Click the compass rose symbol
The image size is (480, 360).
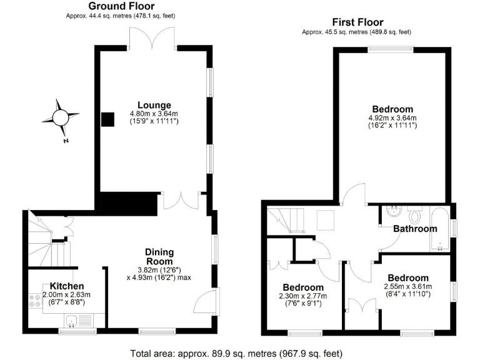[60, 117]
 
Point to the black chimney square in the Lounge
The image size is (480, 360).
[108, 119]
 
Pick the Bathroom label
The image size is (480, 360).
[415, 229]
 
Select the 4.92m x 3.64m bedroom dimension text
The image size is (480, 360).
[392, 118]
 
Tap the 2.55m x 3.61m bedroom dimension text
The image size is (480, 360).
[407, 288]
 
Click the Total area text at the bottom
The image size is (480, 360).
[236, 353]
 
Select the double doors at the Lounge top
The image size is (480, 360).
[151, 37]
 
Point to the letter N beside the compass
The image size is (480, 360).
[66, 141]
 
